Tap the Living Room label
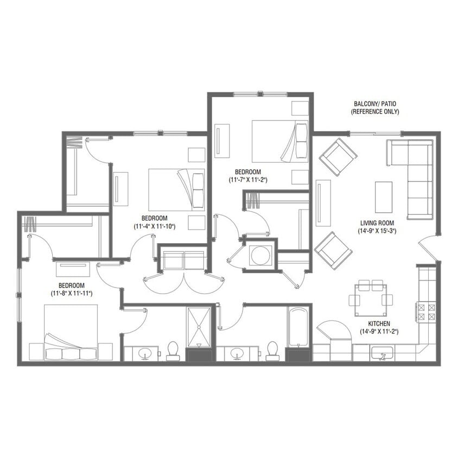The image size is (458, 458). (377, 223)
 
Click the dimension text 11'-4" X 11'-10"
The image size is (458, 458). (155, 226)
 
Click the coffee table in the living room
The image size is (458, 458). (384, 197)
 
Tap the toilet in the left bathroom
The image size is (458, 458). (173, 351)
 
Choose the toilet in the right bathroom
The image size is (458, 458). (272, 351)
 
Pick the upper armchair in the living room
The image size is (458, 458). (338, 157)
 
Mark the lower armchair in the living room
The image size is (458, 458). (333, 250)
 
